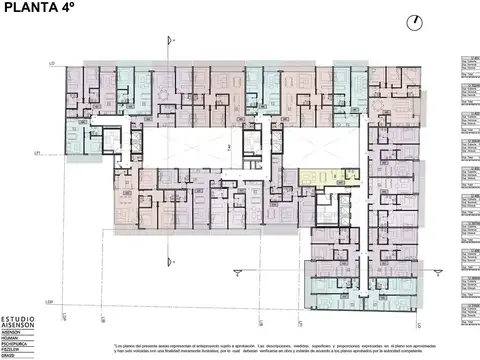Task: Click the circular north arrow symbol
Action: [x=413, y=22]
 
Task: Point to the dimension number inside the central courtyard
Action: [x=229, y=147]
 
